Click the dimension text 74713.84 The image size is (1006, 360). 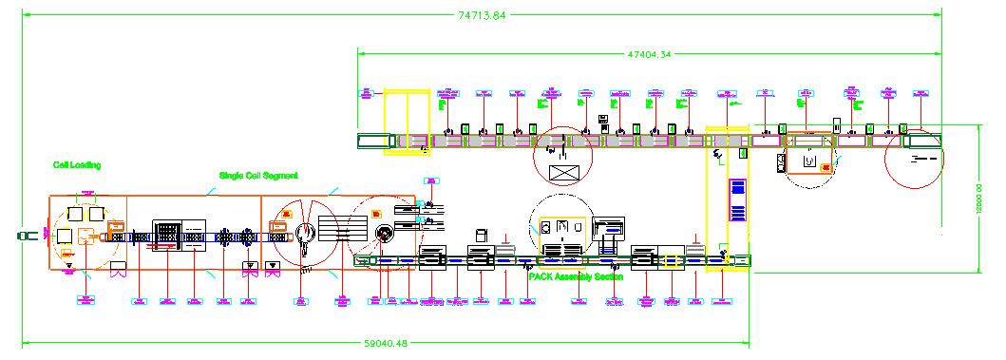pos(482,14)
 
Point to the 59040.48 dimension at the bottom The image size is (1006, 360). pos(387,344)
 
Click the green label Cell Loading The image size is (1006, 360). pos(77,164)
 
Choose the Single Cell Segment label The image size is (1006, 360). pos(259,176)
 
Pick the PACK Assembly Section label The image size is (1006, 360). pos(576,277)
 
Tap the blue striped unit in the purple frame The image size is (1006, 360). pos(736,199)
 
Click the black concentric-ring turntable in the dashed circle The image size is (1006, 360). pos(384,235)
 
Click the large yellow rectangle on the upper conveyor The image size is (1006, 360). pos(408,121)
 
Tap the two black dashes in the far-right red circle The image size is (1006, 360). pos(919,160)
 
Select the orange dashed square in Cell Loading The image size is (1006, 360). pos(88,237)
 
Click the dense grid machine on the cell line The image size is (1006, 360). pos(167,236)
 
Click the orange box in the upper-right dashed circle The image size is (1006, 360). pos(826,167)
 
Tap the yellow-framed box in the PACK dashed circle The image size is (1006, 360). pos(561,231)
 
